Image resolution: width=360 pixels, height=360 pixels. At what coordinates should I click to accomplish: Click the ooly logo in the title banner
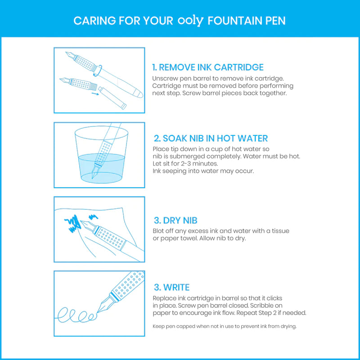[190, 21]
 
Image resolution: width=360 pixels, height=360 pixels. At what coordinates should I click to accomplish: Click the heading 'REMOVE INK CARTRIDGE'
[211, 67]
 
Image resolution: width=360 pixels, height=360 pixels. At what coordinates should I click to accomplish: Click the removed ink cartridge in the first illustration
[112, 98]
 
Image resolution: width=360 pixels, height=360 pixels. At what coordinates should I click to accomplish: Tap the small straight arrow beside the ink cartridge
[95, 94]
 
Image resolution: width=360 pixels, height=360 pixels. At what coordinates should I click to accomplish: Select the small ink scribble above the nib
[93, 216]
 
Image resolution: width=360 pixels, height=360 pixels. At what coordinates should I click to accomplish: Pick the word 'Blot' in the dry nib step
[158, 231]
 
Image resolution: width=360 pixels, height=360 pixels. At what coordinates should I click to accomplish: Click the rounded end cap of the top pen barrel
[139, 94]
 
